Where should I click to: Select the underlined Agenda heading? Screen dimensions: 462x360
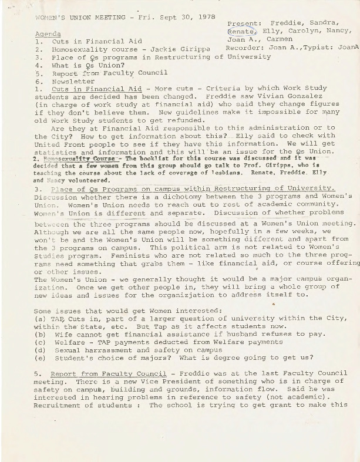(x=48, y=34)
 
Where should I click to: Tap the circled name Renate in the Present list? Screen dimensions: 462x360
(x=241, y=32)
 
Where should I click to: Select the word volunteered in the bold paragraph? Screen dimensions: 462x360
(x=82, y=181)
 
